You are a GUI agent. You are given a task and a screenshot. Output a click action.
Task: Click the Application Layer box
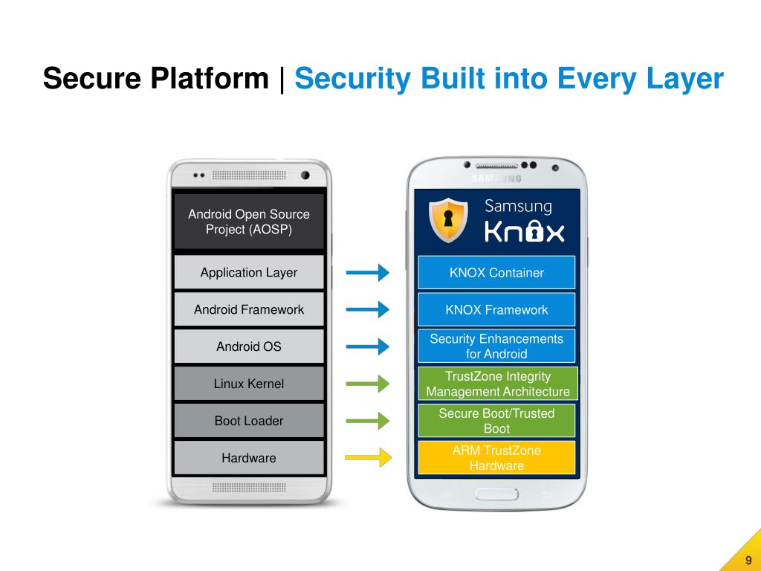point(248,272)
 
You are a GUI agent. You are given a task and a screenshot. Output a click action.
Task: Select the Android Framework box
point(248,309)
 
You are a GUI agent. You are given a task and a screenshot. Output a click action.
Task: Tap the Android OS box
point(248,346)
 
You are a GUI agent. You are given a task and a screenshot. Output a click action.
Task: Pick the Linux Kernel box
point(248,384)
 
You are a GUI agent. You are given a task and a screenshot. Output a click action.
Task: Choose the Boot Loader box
point(248,421)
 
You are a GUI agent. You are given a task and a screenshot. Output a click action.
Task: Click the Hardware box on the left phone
point(248,458)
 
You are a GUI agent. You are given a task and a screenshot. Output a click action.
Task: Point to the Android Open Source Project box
point(248,222)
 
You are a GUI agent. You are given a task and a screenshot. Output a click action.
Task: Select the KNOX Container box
point(496,272)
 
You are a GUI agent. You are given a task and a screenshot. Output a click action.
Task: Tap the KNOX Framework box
point(496,309)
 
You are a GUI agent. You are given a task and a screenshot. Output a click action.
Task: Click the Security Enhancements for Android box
point(496,346)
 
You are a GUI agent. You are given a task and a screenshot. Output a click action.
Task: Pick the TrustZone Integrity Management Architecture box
point(497,384)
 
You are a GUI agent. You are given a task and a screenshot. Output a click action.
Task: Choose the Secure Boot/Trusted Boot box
point(496,421)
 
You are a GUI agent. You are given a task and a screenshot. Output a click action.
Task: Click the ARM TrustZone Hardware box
point(496,458)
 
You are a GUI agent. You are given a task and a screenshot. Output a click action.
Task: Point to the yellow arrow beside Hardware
point(368,457)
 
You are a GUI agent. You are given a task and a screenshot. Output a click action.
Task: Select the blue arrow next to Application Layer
point(368,273)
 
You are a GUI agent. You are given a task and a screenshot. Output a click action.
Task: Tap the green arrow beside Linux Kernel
point(368,384)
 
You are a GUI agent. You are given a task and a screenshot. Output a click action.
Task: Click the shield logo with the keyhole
point(449,221)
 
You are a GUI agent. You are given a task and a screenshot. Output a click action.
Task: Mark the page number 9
point(748,560)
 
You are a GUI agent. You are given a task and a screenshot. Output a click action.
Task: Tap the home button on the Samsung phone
point(496,494)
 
